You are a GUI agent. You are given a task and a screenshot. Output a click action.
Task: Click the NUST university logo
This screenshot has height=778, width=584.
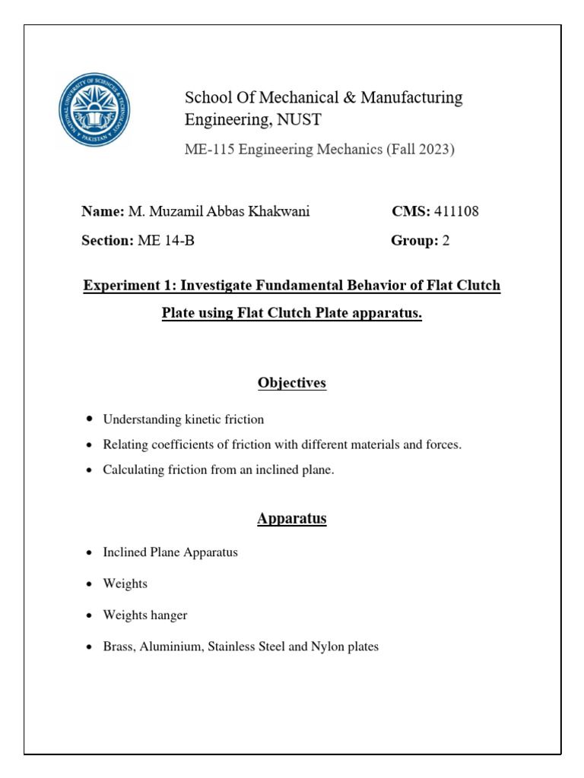pos(94,109)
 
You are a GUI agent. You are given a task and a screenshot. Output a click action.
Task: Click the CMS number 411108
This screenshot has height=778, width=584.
pos(456,212)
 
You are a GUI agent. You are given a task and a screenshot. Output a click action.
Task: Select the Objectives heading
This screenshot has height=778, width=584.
pos(292,383)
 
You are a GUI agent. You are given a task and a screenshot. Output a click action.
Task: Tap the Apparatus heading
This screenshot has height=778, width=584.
pos(292,519)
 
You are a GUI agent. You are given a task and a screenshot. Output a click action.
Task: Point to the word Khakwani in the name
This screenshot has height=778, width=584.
pos(281,212)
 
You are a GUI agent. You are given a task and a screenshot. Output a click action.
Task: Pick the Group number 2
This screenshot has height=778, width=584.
pos(446,241)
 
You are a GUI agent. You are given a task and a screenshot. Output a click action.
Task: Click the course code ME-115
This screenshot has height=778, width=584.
pos(210,150)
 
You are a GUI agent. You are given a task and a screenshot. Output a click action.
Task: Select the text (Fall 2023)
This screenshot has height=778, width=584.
pos(421,150)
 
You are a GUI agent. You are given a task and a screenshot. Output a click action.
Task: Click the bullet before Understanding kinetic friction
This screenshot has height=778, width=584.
pos(90,419)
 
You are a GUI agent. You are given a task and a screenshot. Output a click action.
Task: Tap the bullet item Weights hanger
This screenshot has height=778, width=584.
pos(145,615)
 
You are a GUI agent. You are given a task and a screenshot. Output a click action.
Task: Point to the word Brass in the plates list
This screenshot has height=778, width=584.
pos(119,647)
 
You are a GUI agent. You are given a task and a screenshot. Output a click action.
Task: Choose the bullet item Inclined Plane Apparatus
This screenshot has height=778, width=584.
pos(170,552)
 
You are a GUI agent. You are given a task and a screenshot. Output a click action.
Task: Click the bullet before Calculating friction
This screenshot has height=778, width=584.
pos(90,470)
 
